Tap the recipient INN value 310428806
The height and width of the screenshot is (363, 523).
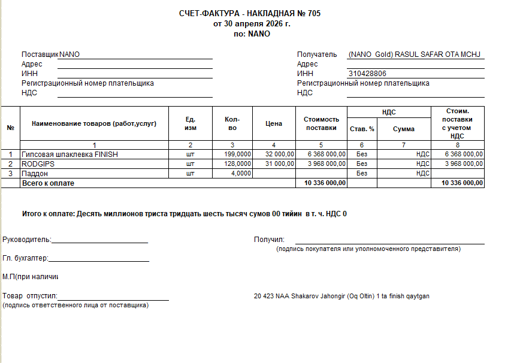[x=367, y=74]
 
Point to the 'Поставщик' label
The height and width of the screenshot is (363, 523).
[x=40, y=55]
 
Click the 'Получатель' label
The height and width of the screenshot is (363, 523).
[x=317, y=55]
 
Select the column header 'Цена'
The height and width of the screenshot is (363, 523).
[x=274, y=123]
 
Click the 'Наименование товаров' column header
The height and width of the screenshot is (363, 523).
[x=94, y=123]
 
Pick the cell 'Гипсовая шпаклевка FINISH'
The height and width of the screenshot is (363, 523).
[x=70, y=155]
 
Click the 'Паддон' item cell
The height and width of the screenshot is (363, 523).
[x=35, y=173]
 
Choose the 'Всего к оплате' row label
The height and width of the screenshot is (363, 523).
[x=48, y=183]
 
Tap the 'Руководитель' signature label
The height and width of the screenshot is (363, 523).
[x=27, y=240]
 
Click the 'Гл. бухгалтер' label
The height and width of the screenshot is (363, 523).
[x=25, y=258]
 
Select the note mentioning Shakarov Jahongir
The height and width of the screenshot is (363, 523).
[x=342, y=296]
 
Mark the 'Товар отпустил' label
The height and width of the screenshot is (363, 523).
[x=30, y=296]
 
